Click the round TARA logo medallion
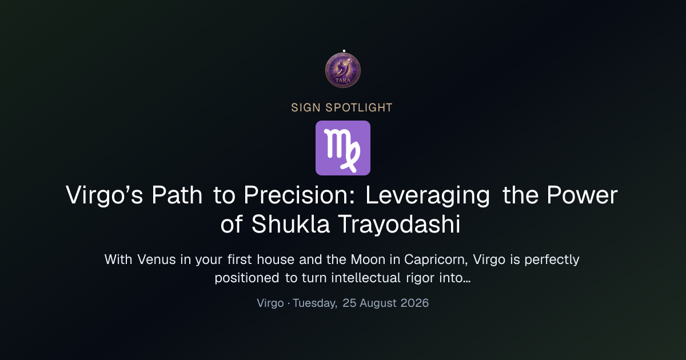coord(343,70)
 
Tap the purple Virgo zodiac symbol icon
coord(343,148)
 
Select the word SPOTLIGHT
coord(359,108)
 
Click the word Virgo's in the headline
coord(104,195)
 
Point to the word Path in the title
coord(177,195)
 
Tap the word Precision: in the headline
coord(299,195)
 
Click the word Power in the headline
coord(582,195)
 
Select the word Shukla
coord(290,224)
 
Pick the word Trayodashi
coord(400,225)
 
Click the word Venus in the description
coord(156,259)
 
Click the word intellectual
coord(366,278)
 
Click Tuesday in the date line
coord(315,303)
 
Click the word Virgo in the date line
coord(270,303)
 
